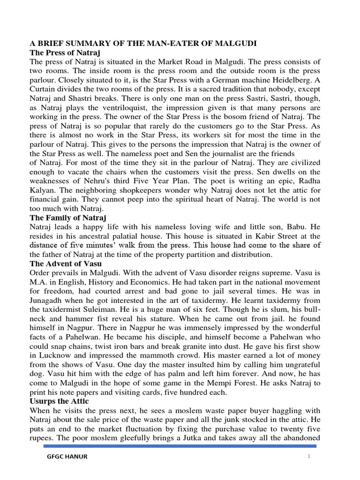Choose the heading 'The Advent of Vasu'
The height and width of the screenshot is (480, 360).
pyautogui.click(x=66, y=263)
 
